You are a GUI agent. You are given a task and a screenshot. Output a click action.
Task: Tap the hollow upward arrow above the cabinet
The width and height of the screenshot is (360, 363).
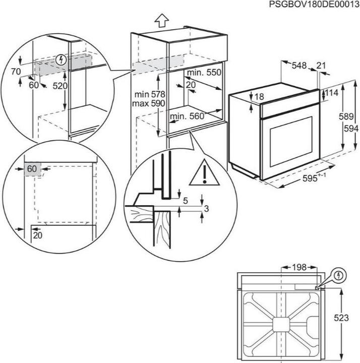coord(161,21)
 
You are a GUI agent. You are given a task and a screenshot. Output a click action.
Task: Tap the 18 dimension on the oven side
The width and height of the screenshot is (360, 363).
coord(259,97)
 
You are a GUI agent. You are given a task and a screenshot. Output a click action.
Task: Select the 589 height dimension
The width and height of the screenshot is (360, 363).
coord(345,116)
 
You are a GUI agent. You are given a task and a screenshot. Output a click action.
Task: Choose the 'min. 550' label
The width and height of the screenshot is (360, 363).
coord(204,73)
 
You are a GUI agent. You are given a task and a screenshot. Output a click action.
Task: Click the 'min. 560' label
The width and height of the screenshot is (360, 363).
coord(188,116)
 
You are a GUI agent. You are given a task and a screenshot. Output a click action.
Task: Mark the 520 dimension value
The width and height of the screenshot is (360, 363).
coord(60,86)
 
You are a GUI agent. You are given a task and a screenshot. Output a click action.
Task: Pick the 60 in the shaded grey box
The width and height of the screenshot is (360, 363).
coord(31,169)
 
